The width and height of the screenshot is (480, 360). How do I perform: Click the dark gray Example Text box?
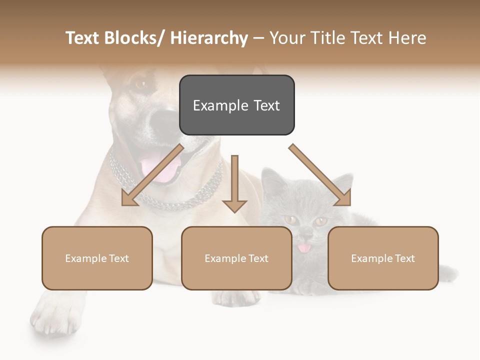coord(236,105)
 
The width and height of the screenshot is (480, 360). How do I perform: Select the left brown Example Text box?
coord(97,258)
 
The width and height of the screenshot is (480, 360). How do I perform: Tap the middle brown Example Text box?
coord(236,258)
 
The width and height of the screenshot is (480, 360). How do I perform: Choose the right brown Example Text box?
coord(383,258)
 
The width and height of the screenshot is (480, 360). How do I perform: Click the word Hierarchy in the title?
coord(209,38)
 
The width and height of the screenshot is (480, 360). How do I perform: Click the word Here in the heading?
coord(407,38)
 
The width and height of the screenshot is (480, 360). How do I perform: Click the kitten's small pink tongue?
coord(303,248)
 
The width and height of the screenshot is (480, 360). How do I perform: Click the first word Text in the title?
coord(83,38)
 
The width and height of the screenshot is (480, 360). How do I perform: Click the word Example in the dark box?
coord(216,105)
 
